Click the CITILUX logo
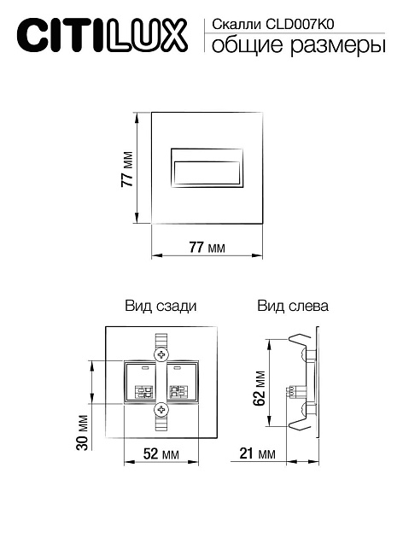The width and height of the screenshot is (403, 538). click(102, 36)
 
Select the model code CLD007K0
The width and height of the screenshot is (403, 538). click(300, 25)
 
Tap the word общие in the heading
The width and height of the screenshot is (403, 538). click(248, 45)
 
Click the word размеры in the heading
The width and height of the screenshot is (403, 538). click(338, 47)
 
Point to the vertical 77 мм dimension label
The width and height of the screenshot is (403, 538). click(127, 169)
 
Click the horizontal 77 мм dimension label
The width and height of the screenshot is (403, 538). click(207, 247)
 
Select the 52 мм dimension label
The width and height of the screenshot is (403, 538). click(161, 454)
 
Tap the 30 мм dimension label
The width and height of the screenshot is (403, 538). click(83, 432)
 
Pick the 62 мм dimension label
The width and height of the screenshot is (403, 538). click(260, 388)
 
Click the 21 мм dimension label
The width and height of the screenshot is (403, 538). click(257, 453)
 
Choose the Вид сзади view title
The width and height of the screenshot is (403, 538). click(161, 306)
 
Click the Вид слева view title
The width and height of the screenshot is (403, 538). click(293, 306)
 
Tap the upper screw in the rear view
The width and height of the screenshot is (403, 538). click(161, 354)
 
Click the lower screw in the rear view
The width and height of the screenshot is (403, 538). click(161, 409)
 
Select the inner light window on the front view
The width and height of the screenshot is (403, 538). click(207, 173)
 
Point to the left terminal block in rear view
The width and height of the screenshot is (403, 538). click(144, 392)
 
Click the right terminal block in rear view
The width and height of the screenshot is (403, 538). click(178, 392)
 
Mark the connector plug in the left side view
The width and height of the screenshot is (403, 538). click(296, 392)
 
